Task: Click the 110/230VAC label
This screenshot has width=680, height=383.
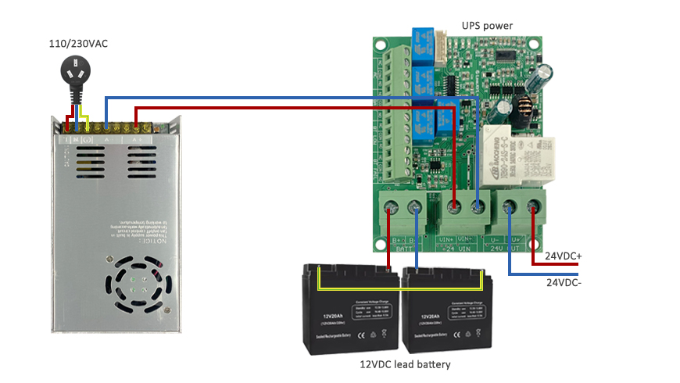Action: pyautogui.click(x=78, y=44)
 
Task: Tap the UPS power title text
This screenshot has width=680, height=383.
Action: pyautogui.click(x=487, y=26)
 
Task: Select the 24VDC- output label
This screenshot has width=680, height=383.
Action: pyautogui.click(x=563, y=282)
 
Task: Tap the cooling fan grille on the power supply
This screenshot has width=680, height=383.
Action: pyautogui.click(x=138, y=281)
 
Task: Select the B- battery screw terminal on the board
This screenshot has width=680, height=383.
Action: pyautogui.click(x=415, y=207)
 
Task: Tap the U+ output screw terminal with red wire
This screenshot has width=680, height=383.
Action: pyautogui.click(x=534, y=207)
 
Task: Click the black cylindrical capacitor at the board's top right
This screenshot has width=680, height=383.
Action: pyautogui.click(x=542, y=79)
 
